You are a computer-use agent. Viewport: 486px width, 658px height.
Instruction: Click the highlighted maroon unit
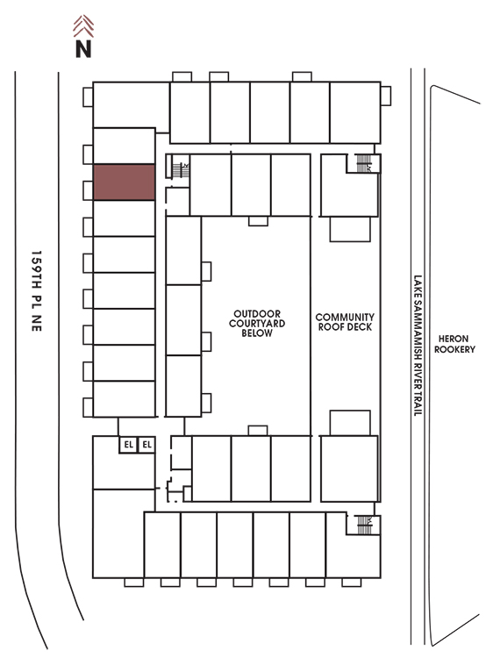tap(124, 182)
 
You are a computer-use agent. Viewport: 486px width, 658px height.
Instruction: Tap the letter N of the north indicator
tap(83, 48)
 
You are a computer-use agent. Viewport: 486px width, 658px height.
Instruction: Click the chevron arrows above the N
tap(83, 26)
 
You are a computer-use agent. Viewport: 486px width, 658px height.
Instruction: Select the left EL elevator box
tap(128, 445)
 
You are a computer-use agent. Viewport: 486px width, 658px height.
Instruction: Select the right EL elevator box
tap(147, 445)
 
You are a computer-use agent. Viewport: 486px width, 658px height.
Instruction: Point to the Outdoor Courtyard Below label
tap(257, 323)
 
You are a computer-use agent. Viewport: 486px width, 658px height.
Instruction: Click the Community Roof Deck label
tap(345, 322)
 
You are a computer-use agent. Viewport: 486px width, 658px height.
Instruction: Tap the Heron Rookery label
tap(454, 344)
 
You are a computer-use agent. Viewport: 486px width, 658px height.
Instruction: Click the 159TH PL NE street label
tap(37, 290)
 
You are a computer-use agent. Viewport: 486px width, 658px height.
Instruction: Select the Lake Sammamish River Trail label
tap(418, 346)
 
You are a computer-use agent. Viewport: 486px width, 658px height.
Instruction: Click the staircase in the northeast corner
tap(363, 163)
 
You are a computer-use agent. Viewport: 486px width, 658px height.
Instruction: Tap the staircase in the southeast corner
tap(364, 525)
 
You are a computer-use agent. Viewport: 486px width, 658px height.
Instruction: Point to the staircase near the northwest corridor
tap(181, 170)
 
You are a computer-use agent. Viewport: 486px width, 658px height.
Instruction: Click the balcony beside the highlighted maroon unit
tap(88, 190)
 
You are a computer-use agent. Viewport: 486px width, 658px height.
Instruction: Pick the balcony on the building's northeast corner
tap(386, 96)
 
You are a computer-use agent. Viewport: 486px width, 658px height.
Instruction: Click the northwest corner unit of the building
tap(131, 104)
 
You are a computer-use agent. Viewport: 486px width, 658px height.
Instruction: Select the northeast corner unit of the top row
tap(355, 112)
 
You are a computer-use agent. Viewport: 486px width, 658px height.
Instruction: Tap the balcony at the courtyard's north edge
tap(258, 221)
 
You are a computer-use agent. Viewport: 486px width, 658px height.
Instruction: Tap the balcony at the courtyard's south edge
tap(258, 431)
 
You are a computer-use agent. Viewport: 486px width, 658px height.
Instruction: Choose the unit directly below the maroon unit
tap(124, 218)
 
